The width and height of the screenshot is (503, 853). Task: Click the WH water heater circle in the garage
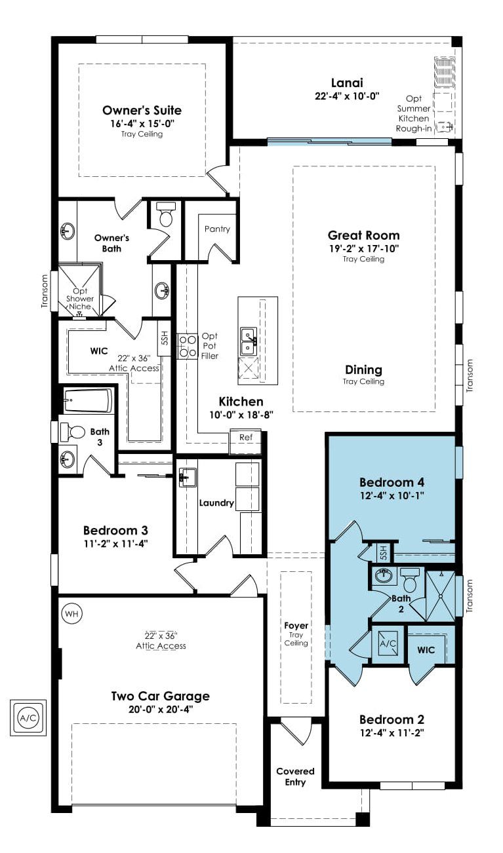[71, 613]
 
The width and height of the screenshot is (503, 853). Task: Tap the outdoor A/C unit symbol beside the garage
[28, 718]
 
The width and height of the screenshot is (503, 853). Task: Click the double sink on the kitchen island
[248, 341]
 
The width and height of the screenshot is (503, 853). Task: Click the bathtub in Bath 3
[88, 400]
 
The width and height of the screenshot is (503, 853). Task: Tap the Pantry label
[217, 229]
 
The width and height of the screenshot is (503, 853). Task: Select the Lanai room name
[347, 83]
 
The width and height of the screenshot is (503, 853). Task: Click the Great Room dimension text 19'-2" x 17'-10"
[363, 249]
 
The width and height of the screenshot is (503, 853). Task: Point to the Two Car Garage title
[161, 696]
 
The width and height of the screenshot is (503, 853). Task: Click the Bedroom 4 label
[392, 482]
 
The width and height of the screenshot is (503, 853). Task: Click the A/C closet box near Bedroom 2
[388, 643]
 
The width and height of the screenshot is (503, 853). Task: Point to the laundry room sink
[188, 477]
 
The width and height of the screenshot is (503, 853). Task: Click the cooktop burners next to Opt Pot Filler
[187, 346]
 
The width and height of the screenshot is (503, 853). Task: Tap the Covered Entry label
[295, 776]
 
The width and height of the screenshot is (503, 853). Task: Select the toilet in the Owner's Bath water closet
[166, 214]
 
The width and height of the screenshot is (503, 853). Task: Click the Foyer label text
[296, 625]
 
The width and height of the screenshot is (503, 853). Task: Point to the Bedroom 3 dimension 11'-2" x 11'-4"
[116, 543]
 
